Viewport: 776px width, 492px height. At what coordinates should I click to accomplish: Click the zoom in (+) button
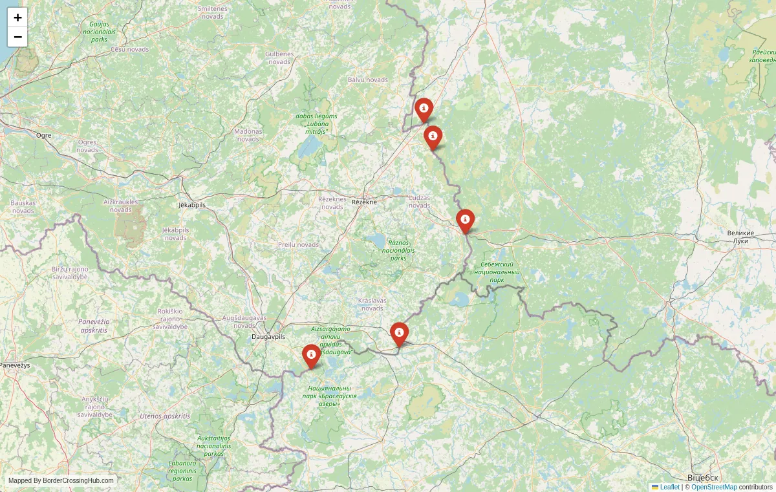[17, 17]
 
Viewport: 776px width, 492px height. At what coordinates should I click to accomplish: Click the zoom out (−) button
[17, 37]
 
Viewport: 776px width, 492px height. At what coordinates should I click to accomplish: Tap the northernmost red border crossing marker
[424, 109]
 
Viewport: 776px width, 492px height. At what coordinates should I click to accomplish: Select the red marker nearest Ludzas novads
[465, 220]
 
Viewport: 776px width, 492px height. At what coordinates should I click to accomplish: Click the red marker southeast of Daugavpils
[311, 356]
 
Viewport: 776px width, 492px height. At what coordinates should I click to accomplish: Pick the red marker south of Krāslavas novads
[400, 334]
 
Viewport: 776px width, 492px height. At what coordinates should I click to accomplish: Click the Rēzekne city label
[364, 202]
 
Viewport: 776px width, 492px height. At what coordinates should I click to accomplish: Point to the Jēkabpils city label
[192, 205]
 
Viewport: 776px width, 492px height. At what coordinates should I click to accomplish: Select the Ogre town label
[44, 135]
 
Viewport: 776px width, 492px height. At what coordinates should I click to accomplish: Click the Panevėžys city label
[15, 365]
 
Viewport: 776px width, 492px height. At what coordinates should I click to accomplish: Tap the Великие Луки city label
[740, 237]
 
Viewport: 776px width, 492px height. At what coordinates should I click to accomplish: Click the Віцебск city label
[703, 477]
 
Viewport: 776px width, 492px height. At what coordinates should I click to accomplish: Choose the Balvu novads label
[368, 80]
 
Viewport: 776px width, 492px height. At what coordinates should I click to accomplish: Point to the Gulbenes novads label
[279, 58]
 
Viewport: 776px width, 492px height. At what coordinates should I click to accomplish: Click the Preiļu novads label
[298, 245]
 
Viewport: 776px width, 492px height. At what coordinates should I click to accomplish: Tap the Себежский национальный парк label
[497, 272]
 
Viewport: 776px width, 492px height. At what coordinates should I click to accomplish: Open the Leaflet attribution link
[669, 487]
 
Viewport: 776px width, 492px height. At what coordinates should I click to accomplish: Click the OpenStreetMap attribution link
[714, 487]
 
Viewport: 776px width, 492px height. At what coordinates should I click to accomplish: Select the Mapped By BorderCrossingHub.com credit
[61, 480]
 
